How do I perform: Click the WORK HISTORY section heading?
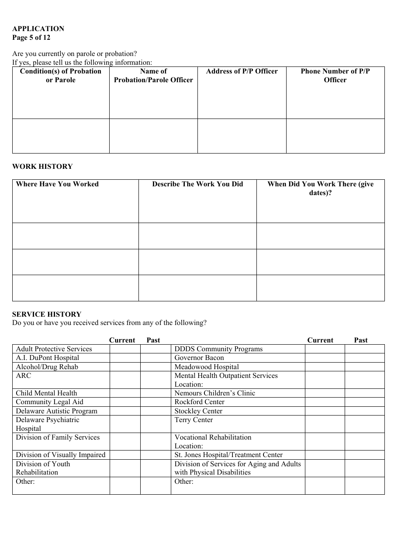point(42,167)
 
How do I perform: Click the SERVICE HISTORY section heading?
point(47,314)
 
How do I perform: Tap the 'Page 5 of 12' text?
point(31,38)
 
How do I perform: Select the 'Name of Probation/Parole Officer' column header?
point(153,76)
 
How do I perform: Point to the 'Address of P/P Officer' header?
point(242,71)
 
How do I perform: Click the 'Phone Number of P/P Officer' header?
point(335,76)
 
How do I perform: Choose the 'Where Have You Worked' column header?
point(57,184)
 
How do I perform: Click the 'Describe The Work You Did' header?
point(197,184)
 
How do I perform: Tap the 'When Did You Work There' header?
point(320,189)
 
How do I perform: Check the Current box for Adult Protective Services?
point(125,349)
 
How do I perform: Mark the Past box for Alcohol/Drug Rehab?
point(155,367)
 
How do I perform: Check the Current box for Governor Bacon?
point(325,358)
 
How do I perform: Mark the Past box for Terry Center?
point(364,424)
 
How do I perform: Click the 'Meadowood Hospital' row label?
point(207,367)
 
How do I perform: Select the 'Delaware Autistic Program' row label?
point(57,411)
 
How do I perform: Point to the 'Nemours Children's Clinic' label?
point(214,393)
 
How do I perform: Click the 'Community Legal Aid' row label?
point(49,402)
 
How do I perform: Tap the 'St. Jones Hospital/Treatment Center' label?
point(228,455)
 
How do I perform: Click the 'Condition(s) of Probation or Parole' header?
point(61,76)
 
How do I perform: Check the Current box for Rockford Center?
point(325,402)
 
